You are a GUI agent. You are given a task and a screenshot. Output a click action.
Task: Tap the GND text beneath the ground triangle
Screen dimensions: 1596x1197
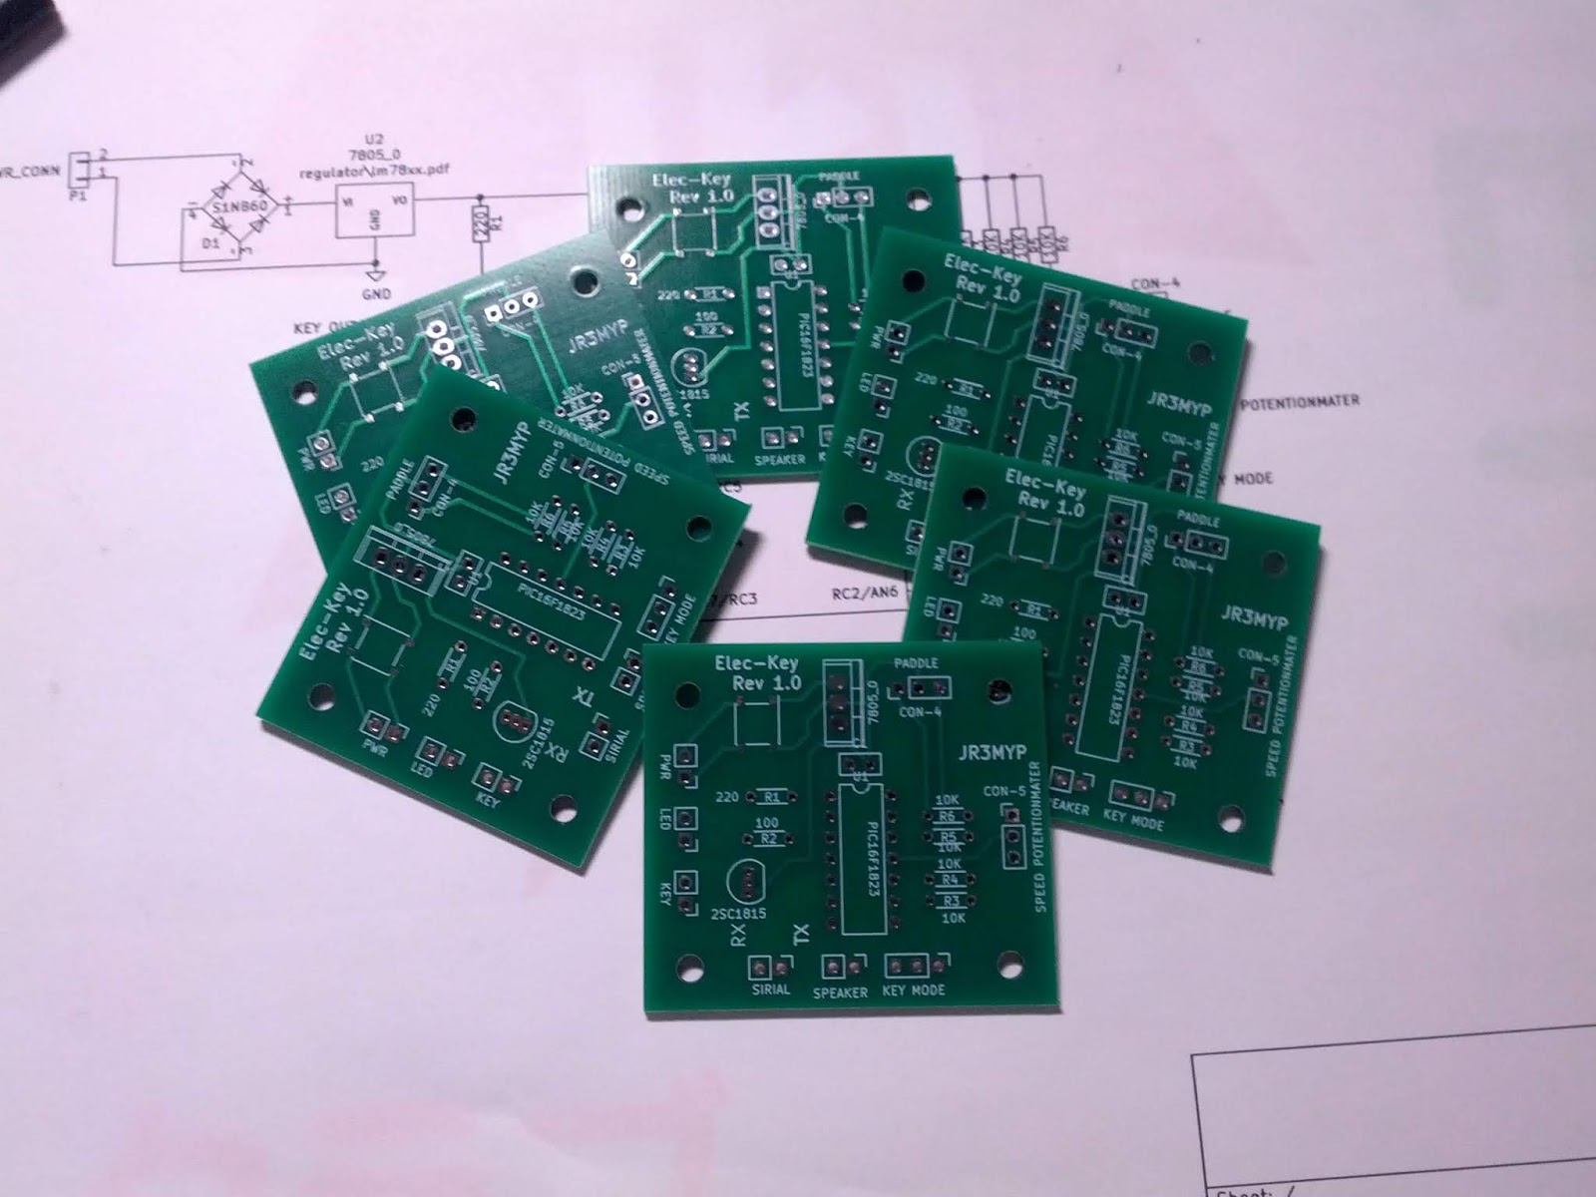point(376,294)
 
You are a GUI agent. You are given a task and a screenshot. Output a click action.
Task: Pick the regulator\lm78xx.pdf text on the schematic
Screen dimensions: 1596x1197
point(374,170)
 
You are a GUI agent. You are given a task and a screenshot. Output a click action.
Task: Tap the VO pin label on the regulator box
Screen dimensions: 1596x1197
point(400,200)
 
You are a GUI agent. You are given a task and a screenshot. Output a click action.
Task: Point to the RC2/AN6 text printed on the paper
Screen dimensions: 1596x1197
point(865,593)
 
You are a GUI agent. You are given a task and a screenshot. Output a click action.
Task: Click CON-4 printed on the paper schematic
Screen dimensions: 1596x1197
point(1156,284)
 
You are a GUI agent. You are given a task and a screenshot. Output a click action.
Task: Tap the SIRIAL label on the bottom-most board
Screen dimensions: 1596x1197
point(771,990)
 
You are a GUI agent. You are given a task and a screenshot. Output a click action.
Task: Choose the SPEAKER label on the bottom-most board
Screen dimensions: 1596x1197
point(840,993)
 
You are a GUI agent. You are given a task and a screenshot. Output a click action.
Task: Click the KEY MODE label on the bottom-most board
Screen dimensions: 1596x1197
point(914,991)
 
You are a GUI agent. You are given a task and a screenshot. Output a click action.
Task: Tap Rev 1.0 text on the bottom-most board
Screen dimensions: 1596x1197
point(766,683)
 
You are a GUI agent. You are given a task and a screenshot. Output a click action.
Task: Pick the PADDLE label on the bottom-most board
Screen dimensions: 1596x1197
point(916,663)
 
